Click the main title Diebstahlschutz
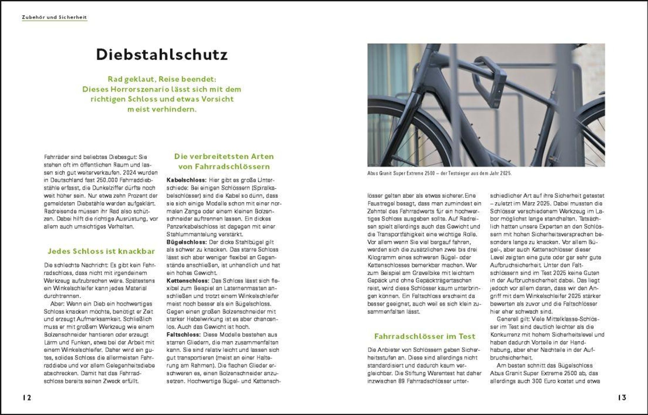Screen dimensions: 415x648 [162, 55]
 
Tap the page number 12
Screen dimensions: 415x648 [27, 397]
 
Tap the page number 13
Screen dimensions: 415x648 [622, 397]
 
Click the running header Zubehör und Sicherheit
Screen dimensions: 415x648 [54, 17]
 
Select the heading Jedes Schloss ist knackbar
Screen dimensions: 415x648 [101, 251]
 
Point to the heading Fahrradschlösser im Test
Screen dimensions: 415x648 [424, 336]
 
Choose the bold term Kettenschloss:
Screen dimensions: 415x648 [188, 281]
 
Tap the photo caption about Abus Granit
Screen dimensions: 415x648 [439, 174]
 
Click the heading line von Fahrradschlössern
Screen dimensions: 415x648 [224, 166]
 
